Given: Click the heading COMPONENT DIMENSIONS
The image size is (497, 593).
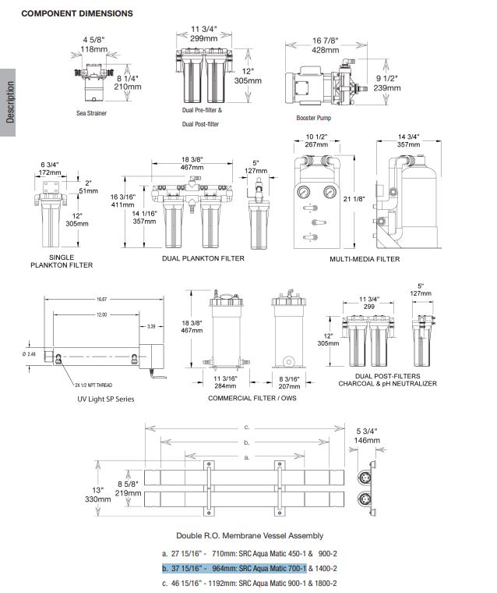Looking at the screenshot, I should click(x=76, y=13).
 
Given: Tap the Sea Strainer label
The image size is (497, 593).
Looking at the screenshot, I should click(x=91, y=113).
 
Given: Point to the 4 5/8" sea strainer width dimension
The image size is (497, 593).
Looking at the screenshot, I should click(x=95, y=39).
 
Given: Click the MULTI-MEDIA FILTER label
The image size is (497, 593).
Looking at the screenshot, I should click(x=365, y=259).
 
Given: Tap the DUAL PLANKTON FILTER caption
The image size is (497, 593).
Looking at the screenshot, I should click(x=203, y=259).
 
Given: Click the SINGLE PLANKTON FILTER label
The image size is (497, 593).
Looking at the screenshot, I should click(x=71, y=261).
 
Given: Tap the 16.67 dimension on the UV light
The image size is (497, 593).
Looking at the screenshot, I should click(x=101, y=298).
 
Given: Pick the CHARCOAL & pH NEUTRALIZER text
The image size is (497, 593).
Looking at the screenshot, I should click(x=387, y=384).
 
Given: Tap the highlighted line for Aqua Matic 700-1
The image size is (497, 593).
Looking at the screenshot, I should click(x=234, y=568).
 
